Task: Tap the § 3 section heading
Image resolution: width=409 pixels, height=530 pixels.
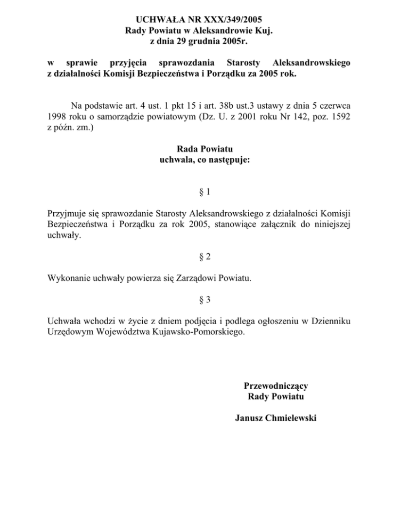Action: pos(204,300)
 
